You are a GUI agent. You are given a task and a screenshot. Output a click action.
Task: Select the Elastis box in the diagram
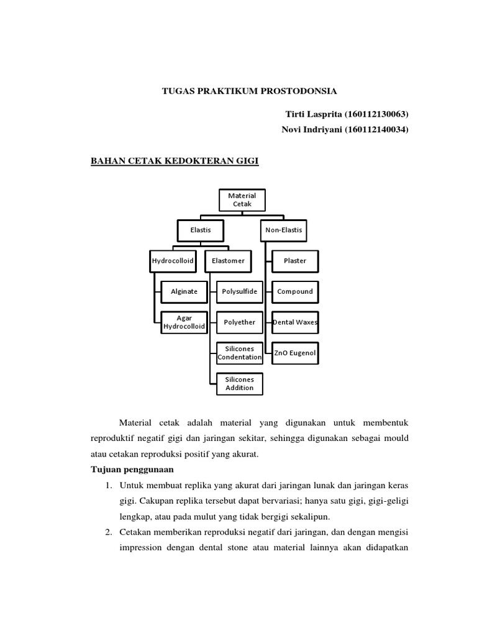tap(201, 230)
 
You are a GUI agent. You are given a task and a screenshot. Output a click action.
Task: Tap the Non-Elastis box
tap(283, 230)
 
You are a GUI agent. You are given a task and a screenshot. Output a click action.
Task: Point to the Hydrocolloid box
tap(173, 261)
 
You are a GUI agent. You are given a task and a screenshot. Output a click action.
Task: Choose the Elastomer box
tap(228, 261)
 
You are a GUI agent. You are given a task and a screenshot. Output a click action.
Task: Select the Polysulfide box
tap(239, 291)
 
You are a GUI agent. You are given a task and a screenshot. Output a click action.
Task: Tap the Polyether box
tap(239, 322)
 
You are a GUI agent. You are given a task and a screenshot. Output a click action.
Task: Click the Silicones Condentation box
tap(239, 353)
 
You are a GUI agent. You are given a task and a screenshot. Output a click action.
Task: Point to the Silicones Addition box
tap(239, 383)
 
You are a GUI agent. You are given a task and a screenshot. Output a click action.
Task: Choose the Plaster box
tap(295, 261)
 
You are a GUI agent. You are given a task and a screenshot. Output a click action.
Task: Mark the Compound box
tap(295, 291)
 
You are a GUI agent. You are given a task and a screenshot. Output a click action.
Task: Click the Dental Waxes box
tap(295, 322)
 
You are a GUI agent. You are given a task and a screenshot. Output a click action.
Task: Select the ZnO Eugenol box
tap(295, 353)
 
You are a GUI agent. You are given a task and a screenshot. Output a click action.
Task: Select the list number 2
tap(107, 532)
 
